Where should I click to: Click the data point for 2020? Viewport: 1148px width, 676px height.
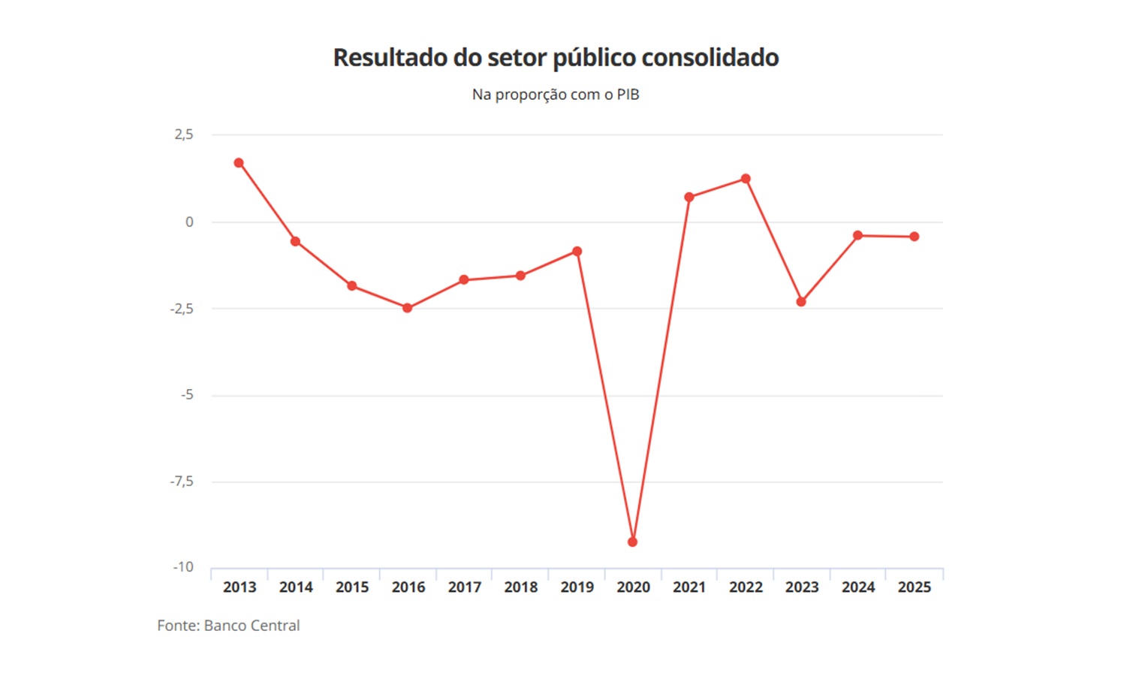(632, 542)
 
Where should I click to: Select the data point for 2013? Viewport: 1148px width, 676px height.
(239, 163)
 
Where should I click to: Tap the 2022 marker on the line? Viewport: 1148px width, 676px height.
(746, 179)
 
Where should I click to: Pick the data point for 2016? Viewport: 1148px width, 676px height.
(408, 308)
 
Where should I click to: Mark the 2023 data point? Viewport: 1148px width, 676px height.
(801, 302)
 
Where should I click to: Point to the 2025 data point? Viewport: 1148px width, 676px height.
(914, 237)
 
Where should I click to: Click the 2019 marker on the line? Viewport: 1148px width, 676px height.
(577, 252)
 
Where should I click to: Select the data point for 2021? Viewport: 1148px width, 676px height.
(689, 198)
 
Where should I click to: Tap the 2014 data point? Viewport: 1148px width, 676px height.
(295, 241)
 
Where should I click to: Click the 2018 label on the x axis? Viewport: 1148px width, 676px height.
(520, 587)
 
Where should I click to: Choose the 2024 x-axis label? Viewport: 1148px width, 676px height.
(858, 587)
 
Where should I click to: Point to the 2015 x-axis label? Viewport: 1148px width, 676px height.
(352, 587)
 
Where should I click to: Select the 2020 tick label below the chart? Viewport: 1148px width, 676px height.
(633, 587)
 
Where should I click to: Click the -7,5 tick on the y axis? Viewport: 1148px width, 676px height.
(182, 481)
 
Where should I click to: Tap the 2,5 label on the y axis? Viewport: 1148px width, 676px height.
(184, 134)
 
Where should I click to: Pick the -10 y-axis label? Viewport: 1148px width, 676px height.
(183, 567)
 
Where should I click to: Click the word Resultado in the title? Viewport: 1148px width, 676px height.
(390, 58)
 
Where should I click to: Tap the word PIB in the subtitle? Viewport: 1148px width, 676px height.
(628, 95)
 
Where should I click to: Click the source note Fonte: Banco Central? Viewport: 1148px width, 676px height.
(228, 626)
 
